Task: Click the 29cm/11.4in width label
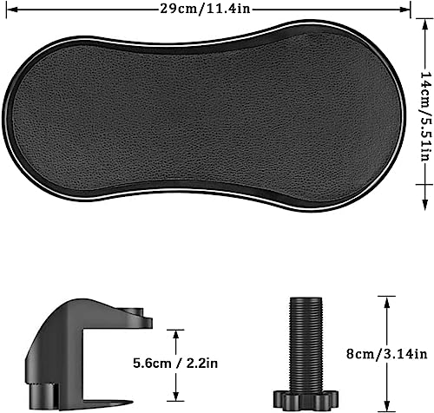pos(205,9)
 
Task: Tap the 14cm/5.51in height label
pos(425,116)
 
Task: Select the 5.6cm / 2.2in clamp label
pos(175,364)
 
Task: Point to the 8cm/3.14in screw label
pos(387,353)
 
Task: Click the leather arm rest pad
pos(204,115)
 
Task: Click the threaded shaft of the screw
pos(306,344)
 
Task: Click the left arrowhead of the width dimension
pos(11,10)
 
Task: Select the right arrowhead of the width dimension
pos(404,10)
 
